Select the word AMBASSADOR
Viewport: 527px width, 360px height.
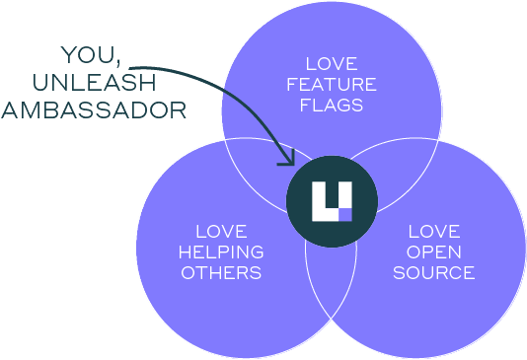click(94, 108)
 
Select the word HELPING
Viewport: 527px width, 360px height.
click(221, 252)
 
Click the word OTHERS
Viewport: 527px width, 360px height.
click(221, 271)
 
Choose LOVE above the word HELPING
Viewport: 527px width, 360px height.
click(221, 232)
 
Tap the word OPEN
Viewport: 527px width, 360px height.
click(434, 252)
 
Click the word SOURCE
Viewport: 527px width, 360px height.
click(434, 271)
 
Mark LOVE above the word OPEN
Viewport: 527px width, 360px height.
click(434, 232)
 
